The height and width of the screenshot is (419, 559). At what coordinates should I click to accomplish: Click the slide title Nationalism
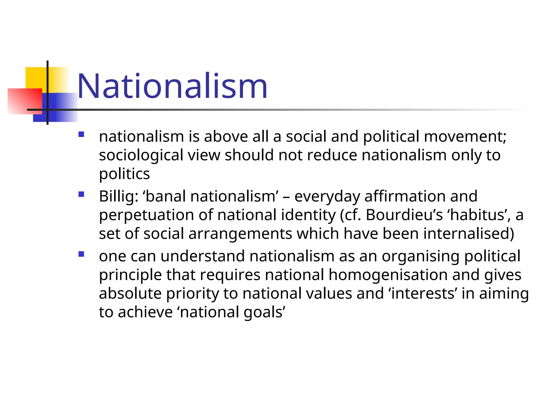point(172,86)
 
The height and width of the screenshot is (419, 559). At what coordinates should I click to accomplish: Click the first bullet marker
point(81,134)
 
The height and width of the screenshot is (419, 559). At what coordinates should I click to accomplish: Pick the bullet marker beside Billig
point(81,194)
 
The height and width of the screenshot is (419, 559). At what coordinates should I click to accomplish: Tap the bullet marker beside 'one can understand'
point(81,254)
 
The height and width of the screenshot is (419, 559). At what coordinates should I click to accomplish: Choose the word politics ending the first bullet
point(124,174)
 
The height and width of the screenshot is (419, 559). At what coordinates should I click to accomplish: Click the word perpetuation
point(146,215)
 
